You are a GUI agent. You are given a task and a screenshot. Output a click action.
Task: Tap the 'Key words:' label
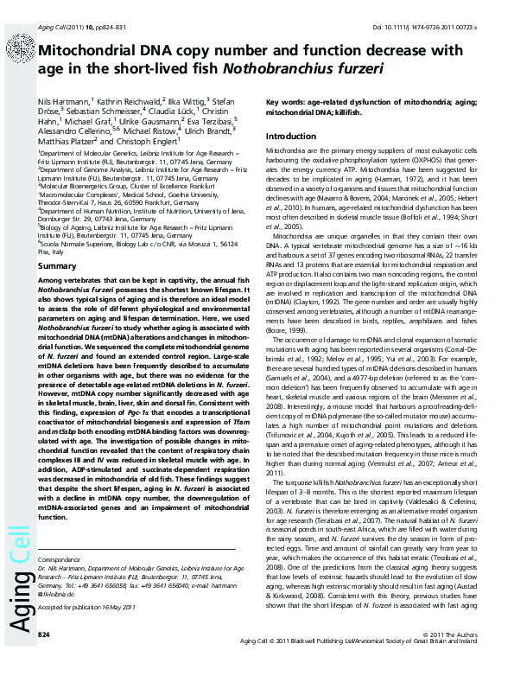coord(286,101)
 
